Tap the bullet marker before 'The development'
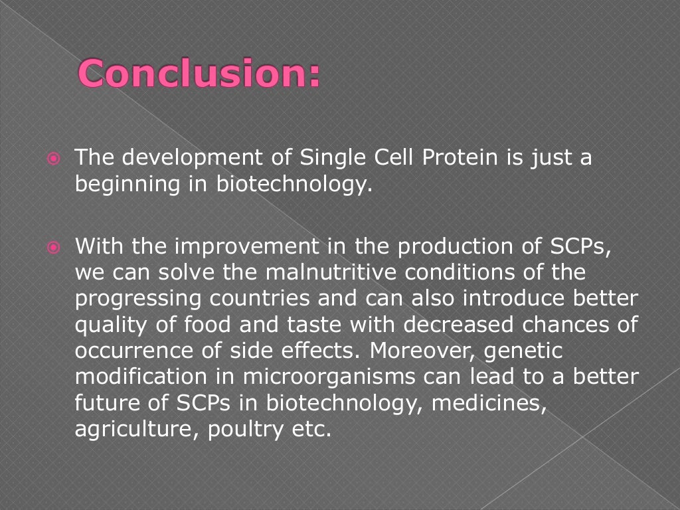click(54, 159)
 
